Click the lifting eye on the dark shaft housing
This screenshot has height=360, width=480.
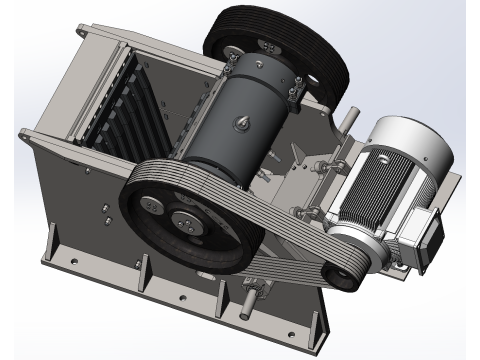click(243, 123)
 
